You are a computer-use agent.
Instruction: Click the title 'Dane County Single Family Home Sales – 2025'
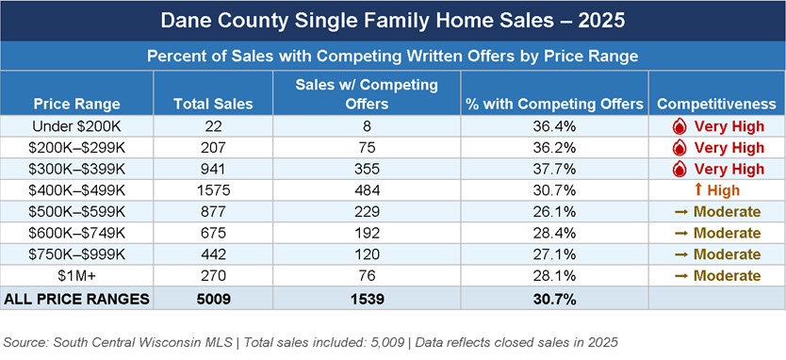click(392, 20)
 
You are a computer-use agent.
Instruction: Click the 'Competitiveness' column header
click(715, 103)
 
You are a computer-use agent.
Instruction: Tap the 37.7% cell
click(553, 169)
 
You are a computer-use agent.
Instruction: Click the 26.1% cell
click(553, 212)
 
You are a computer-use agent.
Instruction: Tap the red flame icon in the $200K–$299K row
click(677, 147)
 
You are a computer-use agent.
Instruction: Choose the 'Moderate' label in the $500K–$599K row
click(728, 212)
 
